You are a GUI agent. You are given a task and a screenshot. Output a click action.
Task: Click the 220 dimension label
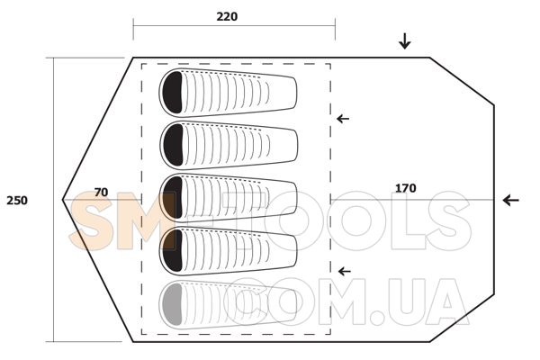227,16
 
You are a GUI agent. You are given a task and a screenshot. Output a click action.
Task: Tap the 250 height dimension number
17,200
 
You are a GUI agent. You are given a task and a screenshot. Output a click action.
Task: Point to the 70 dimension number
101,193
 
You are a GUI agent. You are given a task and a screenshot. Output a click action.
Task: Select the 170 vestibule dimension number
405,188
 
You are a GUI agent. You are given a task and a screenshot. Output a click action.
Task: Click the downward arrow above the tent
405,40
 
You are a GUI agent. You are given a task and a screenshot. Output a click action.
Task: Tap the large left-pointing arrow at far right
510,200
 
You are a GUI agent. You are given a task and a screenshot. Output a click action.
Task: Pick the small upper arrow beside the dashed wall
343,119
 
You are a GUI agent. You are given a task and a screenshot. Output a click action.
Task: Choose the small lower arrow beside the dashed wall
345,272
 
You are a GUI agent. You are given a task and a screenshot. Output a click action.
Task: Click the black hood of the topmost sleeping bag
172,93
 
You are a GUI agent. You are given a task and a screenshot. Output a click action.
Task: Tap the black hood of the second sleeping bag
173,145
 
